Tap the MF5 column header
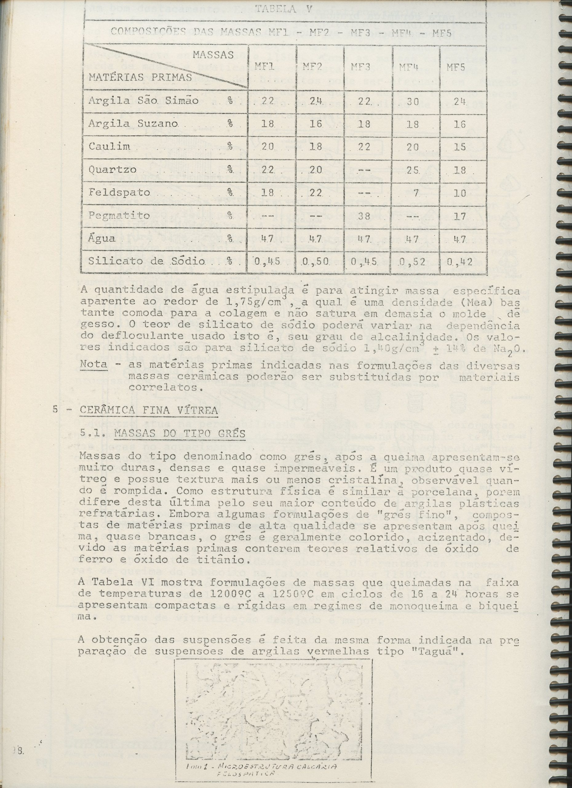[x=456, y=67]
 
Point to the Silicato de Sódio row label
[x=146, y=261]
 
